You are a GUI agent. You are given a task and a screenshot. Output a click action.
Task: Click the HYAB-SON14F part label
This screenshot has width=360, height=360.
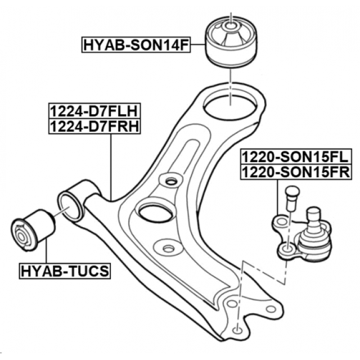pyautogui.click(x=136, y=43)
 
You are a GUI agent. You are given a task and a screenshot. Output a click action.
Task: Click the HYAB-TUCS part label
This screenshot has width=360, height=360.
pyautogui.click(x=65, y=272)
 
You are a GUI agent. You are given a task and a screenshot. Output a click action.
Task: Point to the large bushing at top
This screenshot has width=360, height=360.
pyautogui.click(x=230, y=42)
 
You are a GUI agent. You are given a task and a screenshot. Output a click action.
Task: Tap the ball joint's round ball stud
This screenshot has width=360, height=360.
pyautogui.click(x=313, y=215)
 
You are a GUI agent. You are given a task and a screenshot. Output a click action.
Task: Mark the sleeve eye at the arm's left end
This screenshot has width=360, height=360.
pyautogui.click(x=70, y=206)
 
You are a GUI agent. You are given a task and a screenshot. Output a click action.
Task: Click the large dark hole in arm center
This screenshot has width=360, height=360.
pyautogui.click(x=155, y=213)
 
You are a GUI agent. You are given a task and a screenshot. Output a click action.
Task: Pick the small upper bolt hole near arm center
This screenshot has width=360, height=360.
pyautogui.click(x=170, y=181)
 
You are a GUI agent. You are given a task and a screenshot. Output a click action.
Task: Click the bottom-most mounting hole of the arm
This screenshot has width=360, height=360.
pyautogui.click(x=237, y=329)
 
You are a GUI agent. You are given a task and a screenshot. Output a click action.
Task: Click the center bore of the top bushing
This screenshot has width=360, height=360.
pyautogui.click(x=231, y=25)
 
